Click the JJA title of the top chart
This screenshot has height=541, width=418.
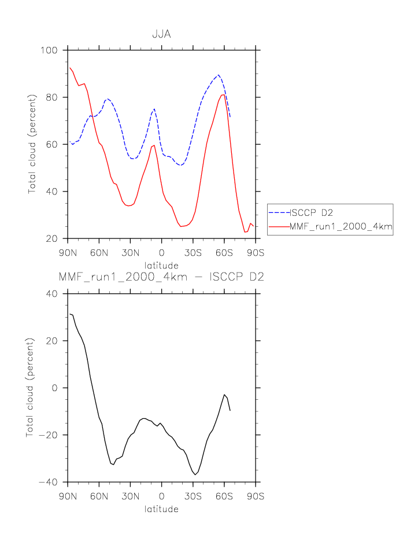pyautogui.click(x=161, y=35)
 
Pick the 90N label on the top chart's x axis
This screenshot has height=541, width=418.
pyautogui.click(x=68, y=252)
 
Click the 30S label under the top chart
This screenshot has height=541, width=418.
pyautogui.click(x=193, y=252)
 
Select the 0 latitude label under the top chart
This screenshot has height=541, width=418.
pyautogui.click(x=161, y=252)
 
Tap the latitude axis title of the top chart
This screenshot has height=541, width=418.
pyautogui.click(x=161, y=266)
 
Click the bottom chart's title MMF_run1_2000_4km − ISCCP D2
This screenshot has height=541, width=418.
pyautogui.click(x=161, y=277)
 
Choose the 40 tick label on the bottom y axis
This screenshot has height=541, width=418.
pyautogui.click(x=51, y=294)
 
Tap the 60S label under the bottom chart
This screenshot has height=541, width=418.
pyautogui.click(x=224, y=496)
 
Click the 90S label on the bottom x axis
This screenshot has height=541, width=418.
pyautogui.click(x=255, y=496)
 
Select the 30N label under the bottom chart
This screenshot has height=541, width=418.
pyautogui.click(x=130, y=496)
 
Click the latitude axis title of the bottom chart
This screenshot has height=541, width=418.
pyautogui.click(x=161, y=509)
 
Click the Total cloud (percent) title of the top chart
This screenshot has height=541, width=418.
pyautogui.click(x=32, y=144)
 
